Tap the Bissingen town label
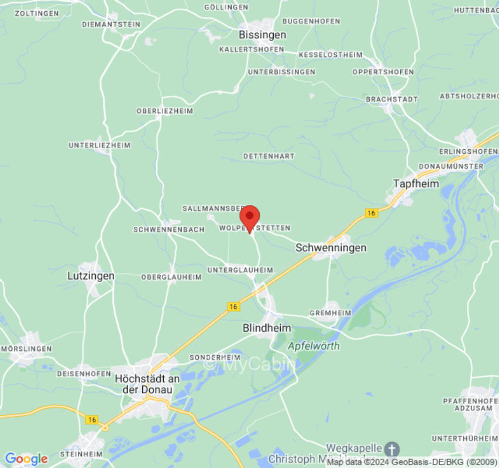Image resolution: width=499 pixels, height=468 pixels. click(263, 35)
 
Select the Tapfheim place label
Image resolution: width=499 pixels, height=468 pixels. click(415, 183)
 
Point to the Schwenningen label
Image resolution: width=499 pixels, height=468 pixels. click(331, 247)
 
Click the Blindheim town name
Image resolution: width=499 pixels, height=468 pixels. click(267, 328)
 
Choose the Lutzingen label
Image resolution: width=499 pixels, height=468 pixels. click(91, 275)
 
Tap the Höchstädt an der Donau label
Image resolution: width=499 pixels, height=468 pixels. click(144, 384)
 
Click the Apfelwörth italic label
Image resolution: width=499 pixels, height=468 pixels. click(314, 346)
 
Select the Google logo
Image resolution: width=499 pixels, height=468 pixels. click(26, 459)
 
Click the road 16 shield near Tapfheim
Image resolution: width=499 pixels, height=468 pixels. click(371, 214)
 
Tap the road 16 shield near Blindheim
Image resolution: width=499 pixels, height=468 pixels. click(233, 307)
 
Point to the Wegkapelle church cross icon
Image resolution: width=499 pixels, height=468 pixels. click(393, 449)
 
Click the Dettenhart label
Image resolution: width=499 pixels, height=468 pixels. click(269, 156)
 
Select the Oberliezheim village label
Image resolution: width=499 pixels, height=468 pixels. click(164, 111)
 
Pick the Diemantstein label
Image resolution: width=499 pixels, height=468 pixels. click(111, 24)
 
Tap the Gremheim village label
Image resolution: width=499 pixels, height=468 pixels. click(330, 313)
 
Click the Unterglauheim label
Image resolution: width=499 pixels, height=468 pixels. click(240, 270)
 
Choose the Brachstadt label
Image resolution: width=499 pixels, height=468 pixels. click(392, 99)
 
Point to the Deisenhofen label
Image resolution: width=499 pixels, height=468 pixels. click(84, 373)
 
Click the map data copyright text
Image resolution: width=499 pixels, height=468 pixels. click(412, 462)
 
